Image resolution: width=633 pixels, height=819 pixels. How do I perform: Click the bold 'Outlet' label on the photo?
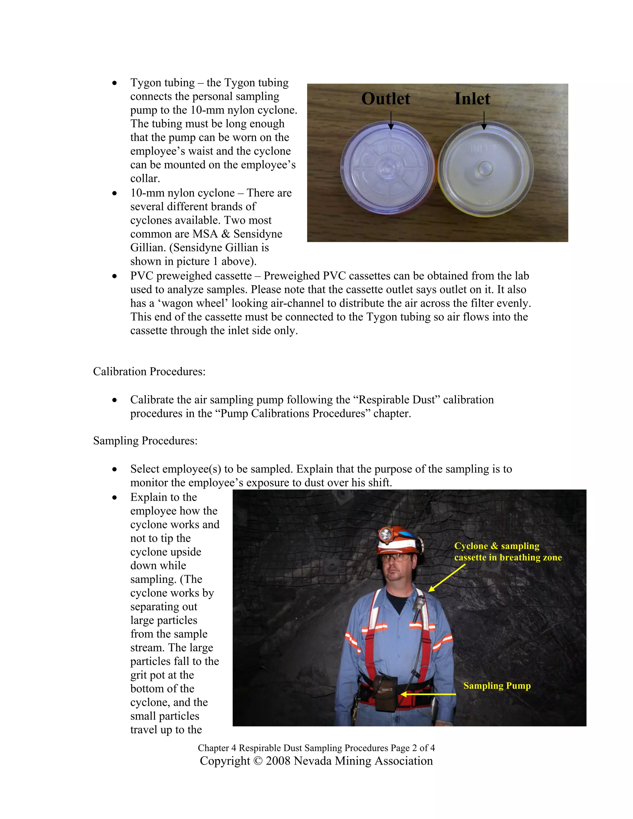tap(385, 99)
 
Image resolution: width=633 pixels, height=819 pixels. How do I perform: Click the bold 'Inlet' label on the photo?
tap(472, 99)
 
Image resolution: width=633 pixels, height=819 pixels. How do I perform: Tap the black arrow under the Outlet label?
tap(391, 121)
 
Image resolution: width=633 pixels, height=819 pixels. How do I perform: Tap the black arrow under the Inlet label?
tap(484, 121)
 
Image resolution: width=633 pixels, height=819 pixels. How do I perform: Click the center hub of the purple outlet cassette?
tap(387, 168)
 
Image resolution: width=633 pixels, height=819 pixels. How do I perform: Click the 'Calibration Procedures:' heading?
tap(149, 371)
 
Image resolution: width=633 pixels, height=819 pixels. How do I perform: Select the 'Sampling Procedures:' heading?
tap(145, 441)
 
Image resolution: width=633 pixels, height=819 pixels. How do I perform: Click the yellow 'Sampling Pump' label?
tap(497, 685)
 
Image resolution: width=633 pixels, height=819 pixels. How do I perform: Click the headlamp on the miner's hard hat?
tap(385, 534)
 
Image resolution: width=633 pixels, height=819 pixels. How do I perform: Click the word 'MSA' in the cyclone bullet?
tap(205, 234)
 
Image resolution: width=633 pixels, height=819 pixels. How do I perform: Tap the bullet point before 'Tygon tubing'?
tap(114, 83)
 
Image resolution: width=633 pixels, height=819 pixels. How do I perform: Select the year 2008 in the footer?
tap(278, 761)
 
